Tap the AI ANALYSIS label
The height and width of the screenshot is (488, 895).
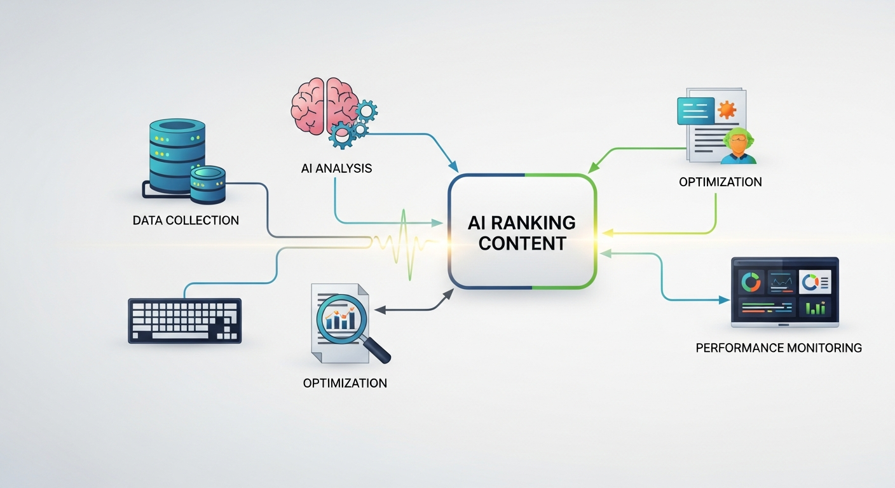[336, 168]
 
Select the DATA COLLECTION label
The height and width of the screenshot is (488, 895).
[186, 220]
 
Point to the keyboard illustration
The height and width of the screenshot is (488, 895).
[185, 321]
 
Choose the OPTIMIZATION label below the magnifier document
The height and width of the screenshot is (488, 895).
[345, 383]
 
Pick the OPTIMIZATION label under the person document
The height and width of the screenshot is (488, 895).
[720, 182]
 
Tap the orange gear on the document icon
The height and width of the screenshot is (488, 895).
[727, 110]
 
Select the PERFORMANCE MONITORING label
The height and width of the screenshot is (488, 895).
[779, 348]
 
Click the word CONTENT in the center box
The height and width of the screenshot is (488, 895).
[522, 243]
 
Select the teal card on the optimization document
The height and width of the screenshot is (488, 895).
[696, 110]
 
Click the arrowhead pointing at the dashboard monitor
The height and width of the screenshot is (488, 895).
[724, 299]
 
